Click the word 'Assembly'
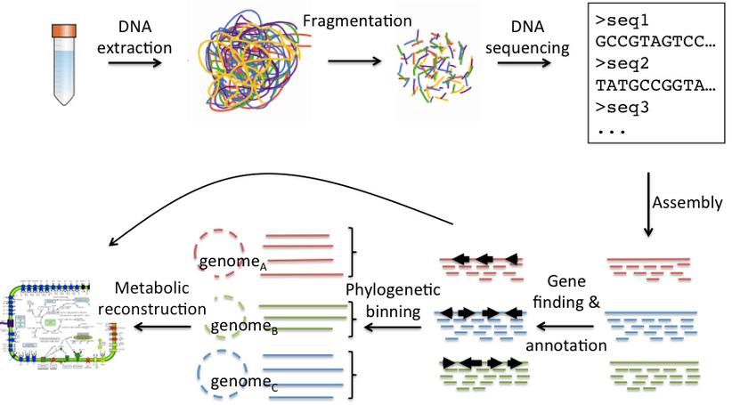[x=687, y=203]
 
